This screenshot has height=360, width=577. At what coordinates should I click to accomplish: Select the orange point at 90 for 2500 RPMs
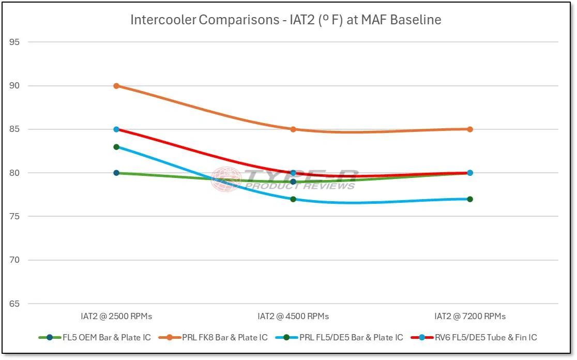[116, 86]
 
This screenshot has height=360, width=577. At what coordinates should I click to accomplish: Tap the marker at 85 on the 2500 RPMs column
[116, 129]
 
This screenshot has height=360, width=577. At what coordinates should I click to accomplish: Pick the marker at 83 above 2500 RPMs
[116, 147]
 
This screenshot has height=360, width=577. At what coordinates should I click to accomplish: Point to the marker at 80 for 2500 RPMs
[116, 173]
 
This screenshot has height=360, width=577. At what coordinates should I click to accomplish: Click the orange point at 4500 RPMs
[293, 129]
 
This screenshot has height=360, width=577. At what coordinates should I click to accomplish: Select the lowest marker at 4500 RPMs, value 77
[293, 199]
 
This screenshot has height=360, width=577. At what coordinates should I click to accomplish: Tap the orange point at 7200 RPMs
[470, 129]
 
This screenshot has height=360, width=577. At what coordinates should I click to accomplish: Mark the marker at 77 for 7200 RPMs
[470, 199]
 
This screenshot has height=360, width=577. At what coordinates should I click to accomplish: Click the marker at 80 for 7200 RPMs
[470, 173]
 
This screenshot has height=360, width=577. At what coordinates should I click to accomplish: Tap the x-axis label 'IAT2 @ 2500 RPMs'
[116, 316]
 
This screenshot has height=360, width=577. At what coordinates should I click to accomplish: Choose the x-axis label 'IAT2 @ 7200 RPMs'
[470, 316]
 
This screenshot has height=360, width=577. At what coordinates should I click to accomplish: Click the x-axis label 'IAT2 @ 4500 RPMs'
[293, 316]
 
